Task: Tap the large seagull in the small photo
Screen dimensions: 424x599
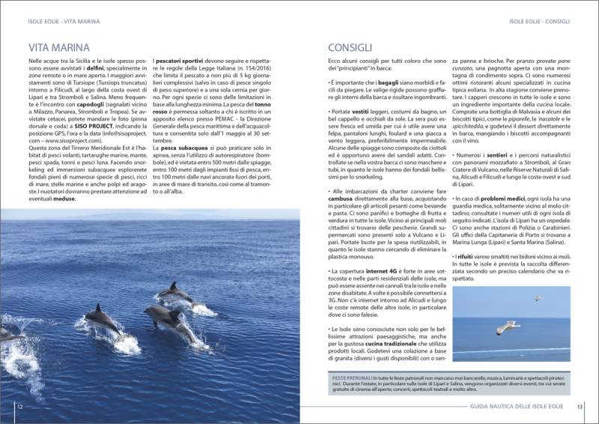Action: coord(509,327)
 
